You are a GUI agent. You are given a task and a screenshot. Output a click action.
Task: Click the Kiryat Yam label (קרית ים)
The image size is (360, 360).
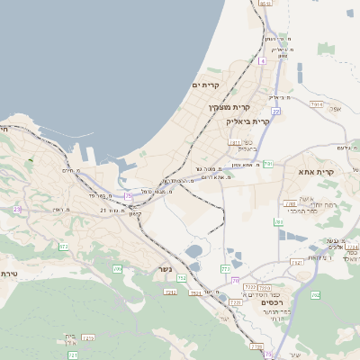206,85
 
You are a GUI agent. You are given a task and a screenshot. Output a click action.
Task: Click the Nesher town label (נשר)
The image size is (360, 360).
163,270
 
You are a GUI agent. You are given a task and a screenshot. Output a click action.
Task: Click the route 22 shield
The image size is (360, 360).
276,111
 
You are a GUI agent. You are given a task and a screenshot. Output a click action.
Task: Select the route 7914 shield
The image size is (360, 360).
316,104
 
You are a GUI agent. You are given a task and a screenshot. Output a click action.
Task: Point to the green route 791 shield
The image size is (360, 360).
268,164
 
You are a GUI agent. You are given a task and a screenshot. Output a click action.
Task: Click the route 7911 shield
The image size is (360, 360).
235,142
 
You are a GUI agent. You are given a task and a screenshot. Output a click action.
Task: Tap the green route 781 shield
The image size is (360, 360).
279,221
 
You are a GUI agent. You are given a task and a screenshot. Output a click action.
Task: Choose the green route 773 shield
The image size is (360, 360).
226,268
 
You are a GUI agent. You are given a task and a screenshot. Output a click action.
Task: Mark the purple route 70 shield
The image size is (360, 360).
237,281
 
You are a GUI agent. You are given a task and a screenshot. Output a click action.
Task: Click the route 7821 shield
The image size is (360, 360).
296,263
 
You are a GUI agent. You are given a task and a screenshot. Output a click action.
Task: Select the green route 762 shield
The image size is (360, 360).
315,294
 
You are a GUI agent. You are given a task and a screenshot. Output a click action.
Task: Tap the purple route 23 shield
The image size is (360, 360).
17,209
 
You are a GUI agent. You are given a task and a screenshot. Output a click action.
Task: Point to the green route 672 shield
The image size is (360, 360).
63,246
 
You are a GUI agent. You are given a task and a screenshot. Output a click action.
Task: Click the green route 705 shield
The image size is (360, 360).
117,269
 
